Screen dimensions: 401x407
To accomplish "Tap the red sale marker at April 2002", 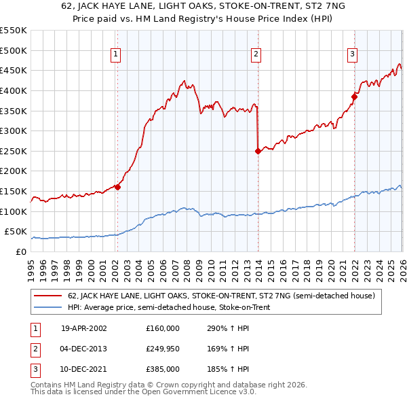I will (x=117, y=187).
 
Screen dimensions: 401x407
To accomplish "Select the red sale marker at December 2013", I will (x=258, y=151).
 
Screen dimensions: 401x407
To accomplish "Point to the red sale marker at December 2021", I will (x=354, y=97).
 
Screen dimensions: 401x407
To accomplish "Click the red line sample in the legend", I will (x=48, y=296).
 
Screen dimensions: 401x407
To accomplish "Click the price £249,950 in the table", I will (x=162, y=349).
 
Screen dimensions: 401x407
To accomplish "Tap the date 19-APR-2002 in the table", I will (x=84, y=328).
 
